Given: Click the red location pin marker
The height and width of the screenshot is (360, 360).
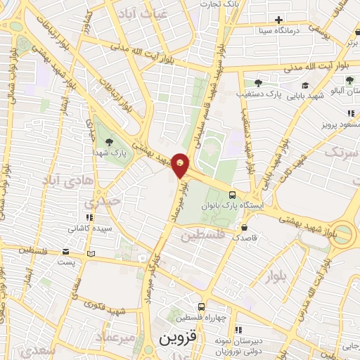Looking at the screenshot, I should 181,166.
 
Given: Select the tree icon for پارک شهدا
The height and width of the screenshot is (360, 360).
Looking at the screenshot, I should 108,141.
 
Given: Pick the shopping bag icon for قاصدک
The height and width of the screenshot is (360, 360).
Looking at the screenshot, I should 244,227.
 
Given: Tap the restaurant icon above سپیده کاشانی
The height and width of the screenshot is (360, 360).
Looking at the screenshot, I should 89,218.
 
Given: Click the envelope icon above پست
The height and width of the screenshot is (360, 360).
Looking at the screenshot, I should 66,252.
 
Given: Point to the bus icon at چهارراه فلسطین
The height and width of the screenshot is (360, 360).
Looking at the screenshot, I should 201,307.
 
